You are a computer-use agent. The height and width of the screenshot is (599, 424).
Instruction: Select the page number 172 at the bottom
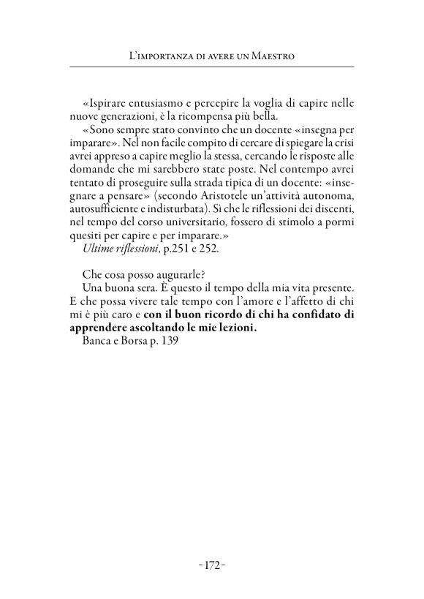[212, 565]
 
